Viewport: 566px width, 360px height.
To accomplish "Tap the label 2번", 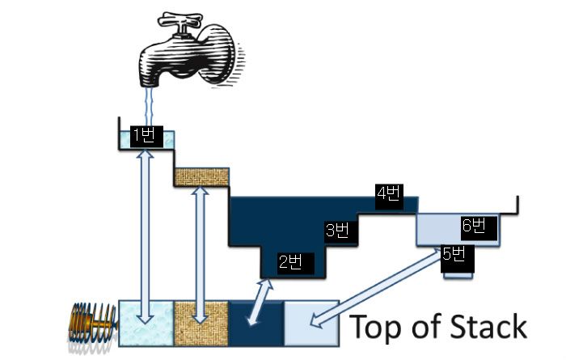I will coord(290,262).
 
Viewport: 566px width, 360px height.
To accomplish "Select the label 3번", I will coord(337,231).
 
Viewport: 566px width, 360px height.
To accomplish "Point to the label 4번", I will coord(388,193).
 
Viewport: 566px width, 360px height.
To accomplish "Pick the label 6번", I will coord(474,226).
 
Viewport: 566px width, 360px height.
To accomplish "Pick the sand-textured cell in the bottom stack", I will coord(201,324).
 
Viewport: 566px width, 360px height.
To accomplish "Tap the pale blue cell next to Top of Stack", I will coord(311,324).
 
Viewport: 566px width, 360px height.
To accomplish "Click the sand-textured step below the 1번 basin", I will coord(202,177).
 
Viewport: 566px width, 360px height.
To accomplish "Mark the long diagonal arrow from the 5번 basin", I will coord(380,287).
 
